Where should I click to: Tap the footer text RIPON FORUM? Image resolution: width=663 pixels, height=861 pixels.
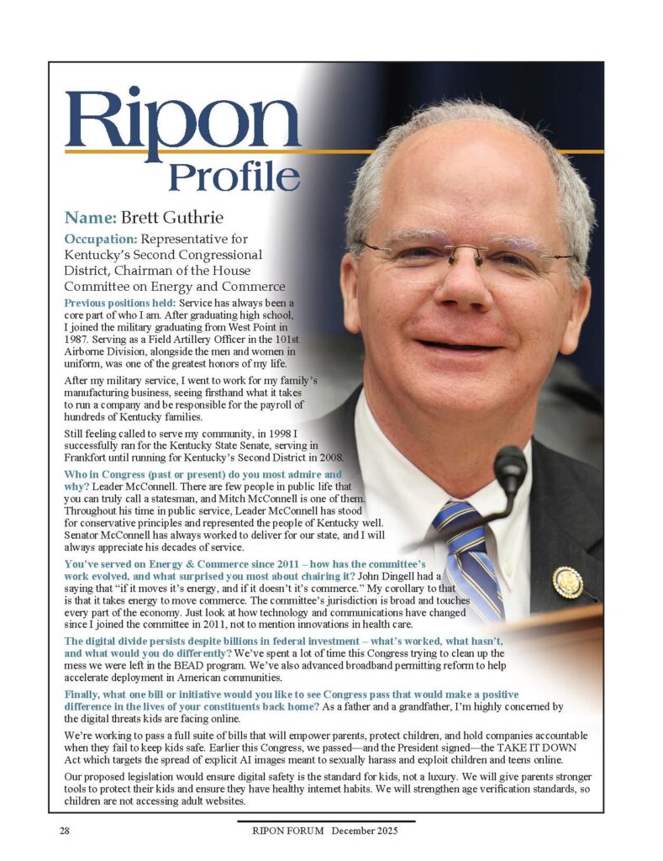288,832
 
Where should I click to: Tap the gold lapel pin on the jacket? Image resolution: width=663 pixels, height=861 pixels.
567,581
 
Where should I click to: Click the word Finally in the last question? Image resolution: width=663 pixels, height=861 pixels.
87,695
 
